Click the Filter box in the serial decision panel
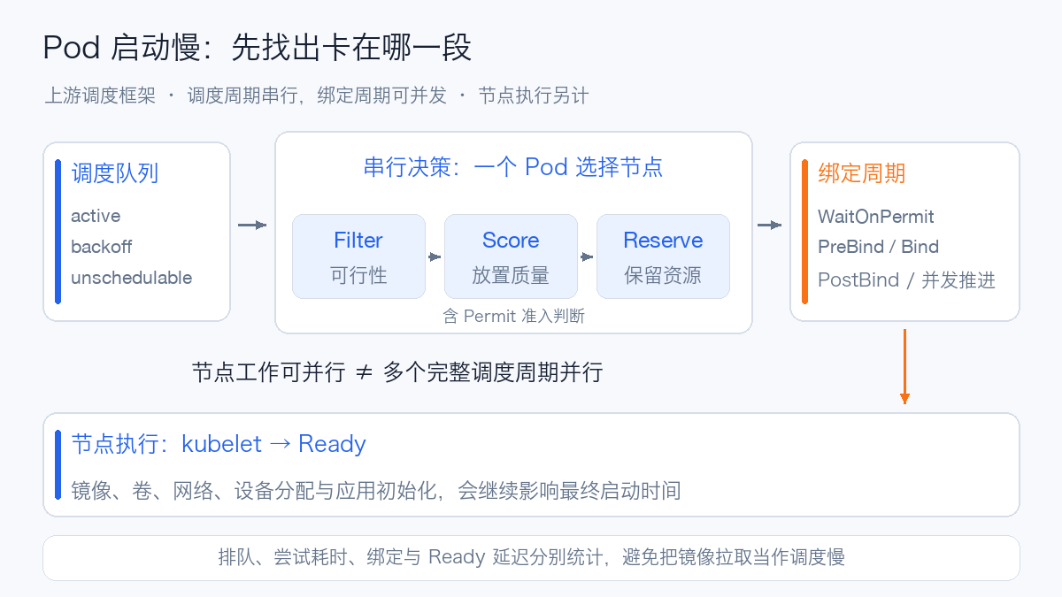pos(358,256)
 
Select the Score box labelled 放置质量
pos(511,256)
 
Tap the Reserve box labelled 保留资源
pos(663,256)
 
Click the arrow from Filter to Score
pos(435,256)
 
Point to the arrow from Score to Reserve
pos(587,256)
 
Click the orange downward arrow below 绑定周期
pos(904,366)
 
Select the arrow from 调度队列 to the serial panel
pos(252,225)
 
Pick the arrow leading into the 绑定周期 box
pos(769,225)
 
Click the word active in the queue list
pos(96,216)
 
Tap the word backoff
pos(102,247)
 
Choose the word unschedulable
pos(131,278)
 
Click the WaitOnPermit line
pos(875,217)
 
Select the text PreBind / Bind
pos(878,247)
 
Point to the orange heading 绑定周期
pos(862,173)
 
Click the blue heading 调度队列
pos(115,173)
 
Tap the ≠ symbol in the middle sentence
pos(364,372)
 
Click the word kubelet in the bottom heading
pos(221,444)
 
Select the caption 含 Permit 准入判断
pos(513,316)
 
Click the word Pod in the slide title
pos(72,48)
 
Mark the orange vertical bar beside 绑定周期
pos(804,232)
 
